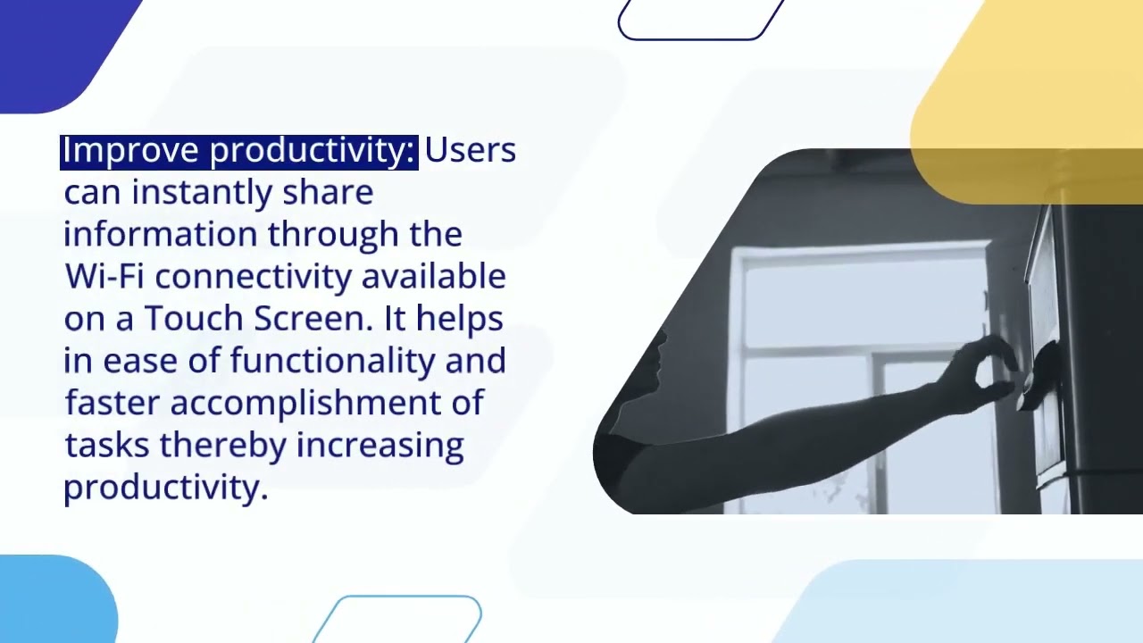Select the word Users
point(470,150)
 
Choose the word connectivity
point(254,277)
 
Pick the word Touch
point(194,319)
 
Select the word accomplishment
point(318,403)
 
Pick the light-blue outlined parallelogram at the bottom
point(402,618)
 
